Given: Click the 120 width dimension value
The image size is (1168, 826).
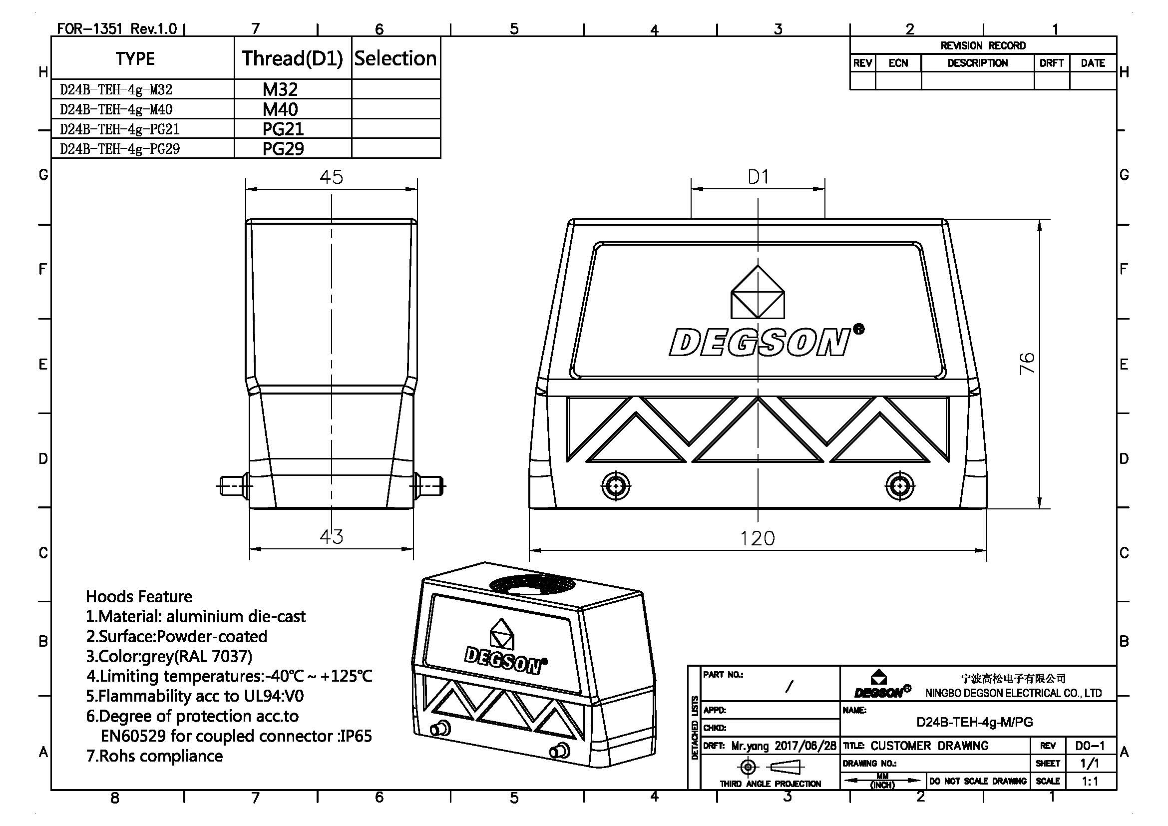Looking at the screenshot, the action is pyautogui.click(x=757, y=538).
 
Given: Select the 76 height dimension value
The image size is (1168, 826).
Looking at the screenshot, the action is pyautogui.click(x=1027, y=363).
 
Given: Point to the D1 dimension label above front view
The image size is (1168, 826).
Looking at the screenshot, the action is pyautogui.click(x=758, y=177).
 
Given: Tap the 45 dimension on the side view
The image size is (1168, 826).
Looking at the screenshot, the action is pyautogui.click(x=331, y=177).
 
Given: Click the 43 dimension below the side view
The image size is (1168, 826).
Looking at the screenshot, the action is pyautogui.click(x=331, y=536).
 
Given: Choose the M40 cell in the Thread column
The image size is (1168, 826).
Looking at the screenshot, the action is pyautogui.click(x=280, y=109).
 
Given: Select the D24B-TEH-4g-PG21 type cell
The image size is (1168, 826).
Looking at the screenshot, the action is pyautogui.click(x=119, y=129).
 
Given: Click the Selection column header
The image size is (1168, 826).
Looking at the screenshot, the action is pyautogui.click(x=395, y=58).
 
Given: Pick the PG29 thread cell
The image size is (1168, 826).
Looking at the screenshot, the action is pyautogui.click(x=283, y=149).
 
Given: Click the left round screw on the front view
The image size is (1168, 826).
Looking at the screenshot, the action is pyautogui.click(x=616, y=486).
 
